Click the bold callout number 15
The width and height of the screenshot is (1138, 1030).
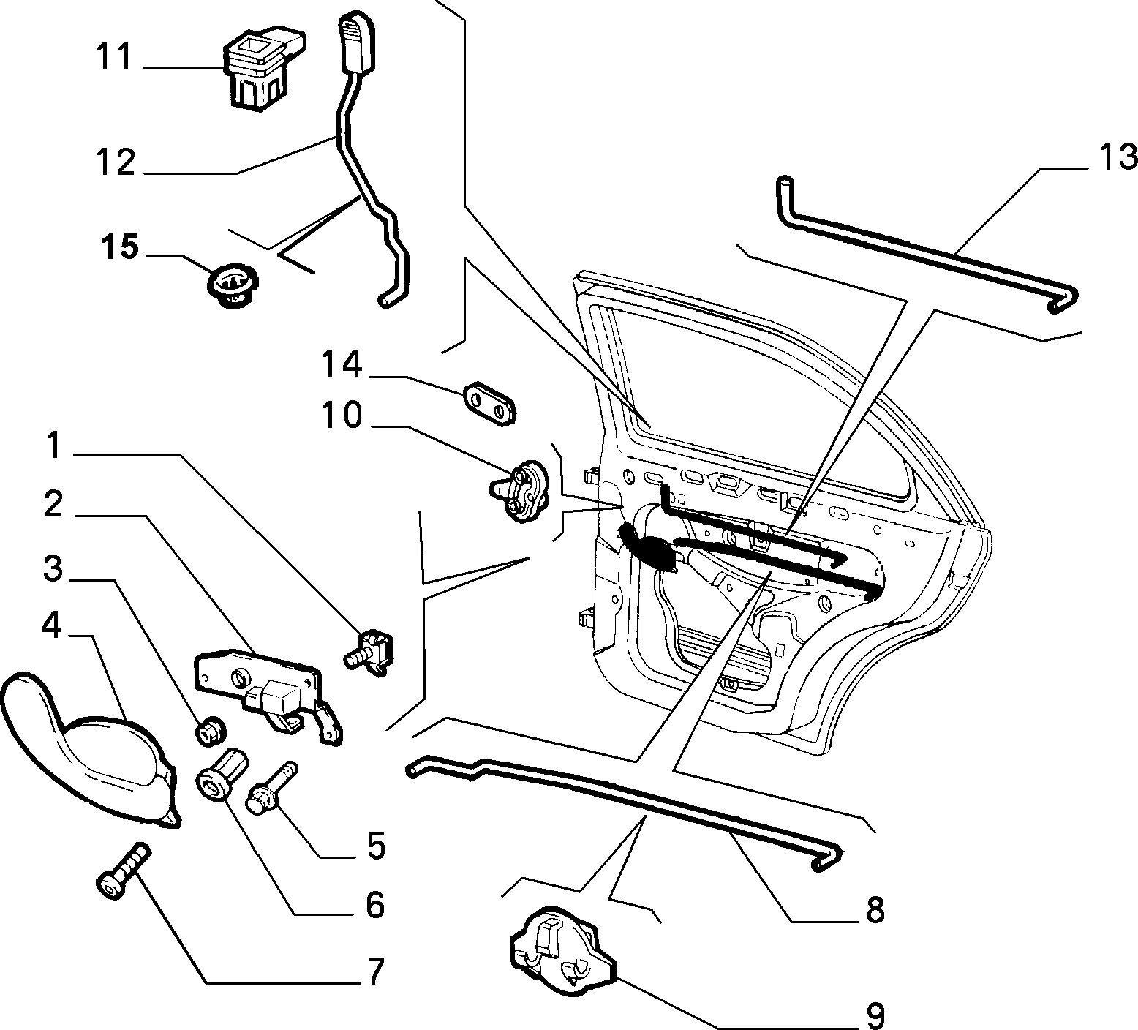[119, 247]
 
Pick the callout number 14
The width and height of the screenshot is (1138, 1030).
[342, 364]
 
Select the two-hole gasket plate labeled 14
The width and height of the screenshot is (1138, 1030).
[488, 402]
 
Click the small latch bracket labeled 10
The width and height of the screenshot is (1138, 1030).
[521, 491]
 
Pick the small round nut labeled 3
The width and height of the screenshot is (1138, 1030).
[211, 729]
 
